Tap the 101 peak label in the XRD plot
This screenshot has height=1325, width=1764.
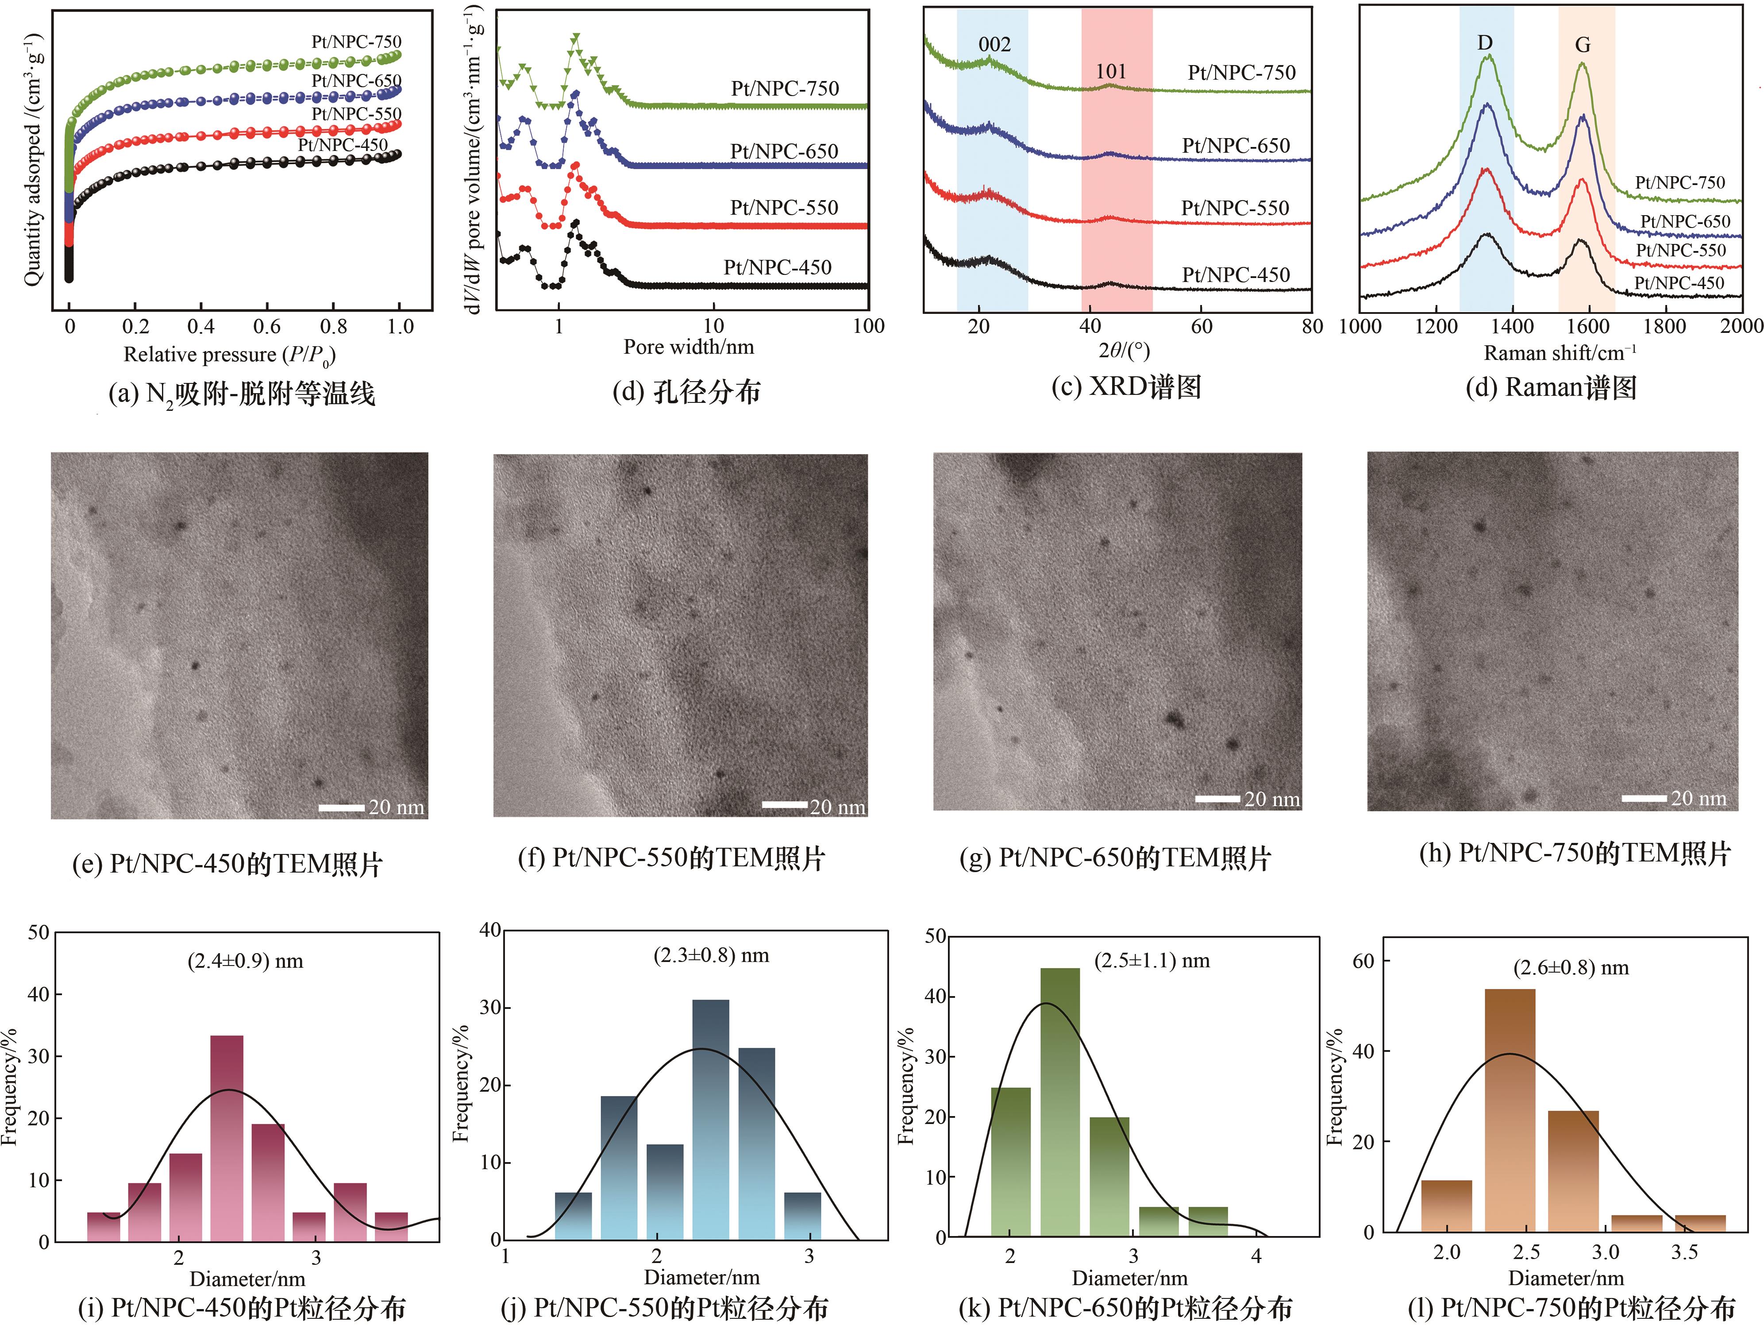coord(1111,72)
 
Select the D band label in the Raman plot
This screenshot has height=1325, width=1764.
coord(1485,42)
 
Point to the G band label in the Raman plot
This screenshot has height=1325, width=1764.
coord(1583,46)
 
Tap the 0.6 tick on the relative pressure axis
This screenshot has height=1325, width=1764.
coord(267,326)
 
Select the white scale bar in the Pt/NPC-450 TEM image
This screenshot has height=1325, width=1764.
coord(341,808)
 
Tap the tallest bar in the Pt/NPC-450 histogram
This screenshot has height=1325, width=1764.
coord(227,1138)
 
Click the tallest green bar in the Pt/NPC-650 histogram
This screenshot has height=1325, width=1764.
coord(1060,1101)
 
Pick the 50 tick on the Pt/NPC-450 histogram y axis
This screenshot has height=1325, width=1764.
coord(38,932)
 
